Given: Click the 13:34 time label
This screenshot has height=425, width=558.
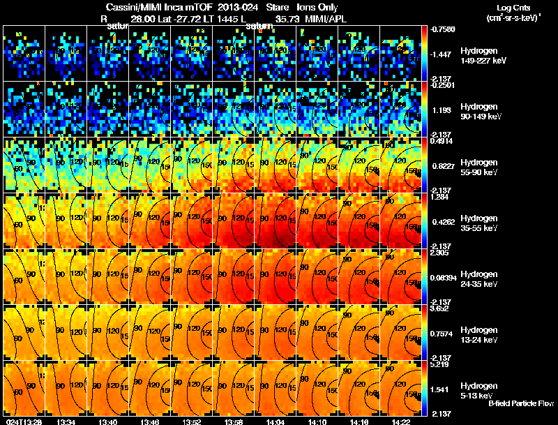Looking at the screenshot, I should click(66, 421).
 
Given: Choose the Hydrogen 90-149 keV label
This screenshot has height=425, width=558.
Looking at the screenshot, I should click(482, 111).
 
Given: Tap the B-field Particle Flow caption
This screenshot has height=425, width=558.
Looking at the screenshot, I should click(521, 403).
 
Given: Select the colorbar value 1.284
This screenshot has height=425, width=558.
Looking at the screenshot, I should click(439, 197).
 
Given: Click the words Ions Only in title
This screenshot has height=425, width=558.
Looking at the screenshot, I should click(317, 7).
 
